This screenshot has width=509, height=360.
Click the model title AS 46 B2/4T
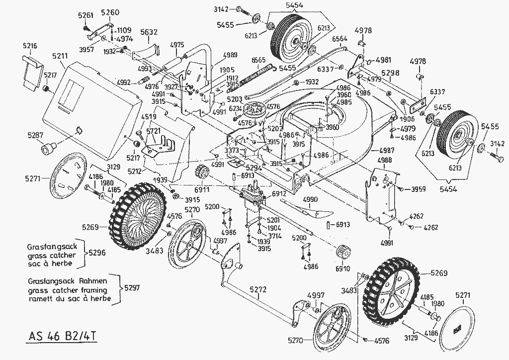pos(60,334)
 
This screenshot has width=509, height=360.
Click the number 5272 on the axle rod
pos(258,288)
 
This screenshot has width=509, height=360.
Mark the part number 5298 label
pos(391,73)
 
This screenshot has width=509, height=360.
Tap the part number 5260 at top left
pos(110,12)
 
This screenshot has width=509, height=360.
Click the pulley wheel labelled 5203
pos(258,109)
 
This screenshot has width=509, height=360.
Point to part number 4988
pos(385,160)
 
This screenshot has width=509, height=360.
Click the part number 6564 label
pos(340,38)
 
